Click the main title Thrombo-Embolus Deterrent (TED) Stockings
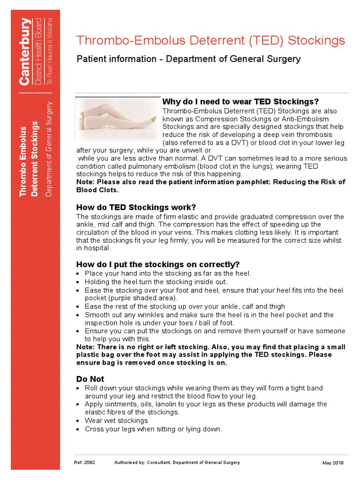(x=210, y=41)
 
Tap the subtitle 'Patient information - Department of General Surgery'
(x=188, y=59)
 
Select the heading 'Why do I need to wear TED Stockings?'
(x=240, y=102)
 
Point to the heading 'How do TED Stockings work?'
(x=136, y=207)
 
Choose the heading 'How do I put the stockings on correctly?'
(x=158, y=264)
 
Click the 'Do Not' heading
(x=90, y=379)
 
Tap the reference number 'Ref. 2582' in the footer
(x=84, y=463)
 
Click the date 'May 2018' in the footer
(x=333, y=463)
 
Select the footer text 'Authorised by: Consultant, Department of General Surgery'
(x=177, y=463)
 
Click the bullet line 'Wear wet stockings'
(x=116, y=420)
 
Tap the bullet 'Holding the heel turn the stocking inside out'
(x=156, y=282)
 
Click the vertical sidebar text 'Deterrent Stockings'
(x=35, y=159)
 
